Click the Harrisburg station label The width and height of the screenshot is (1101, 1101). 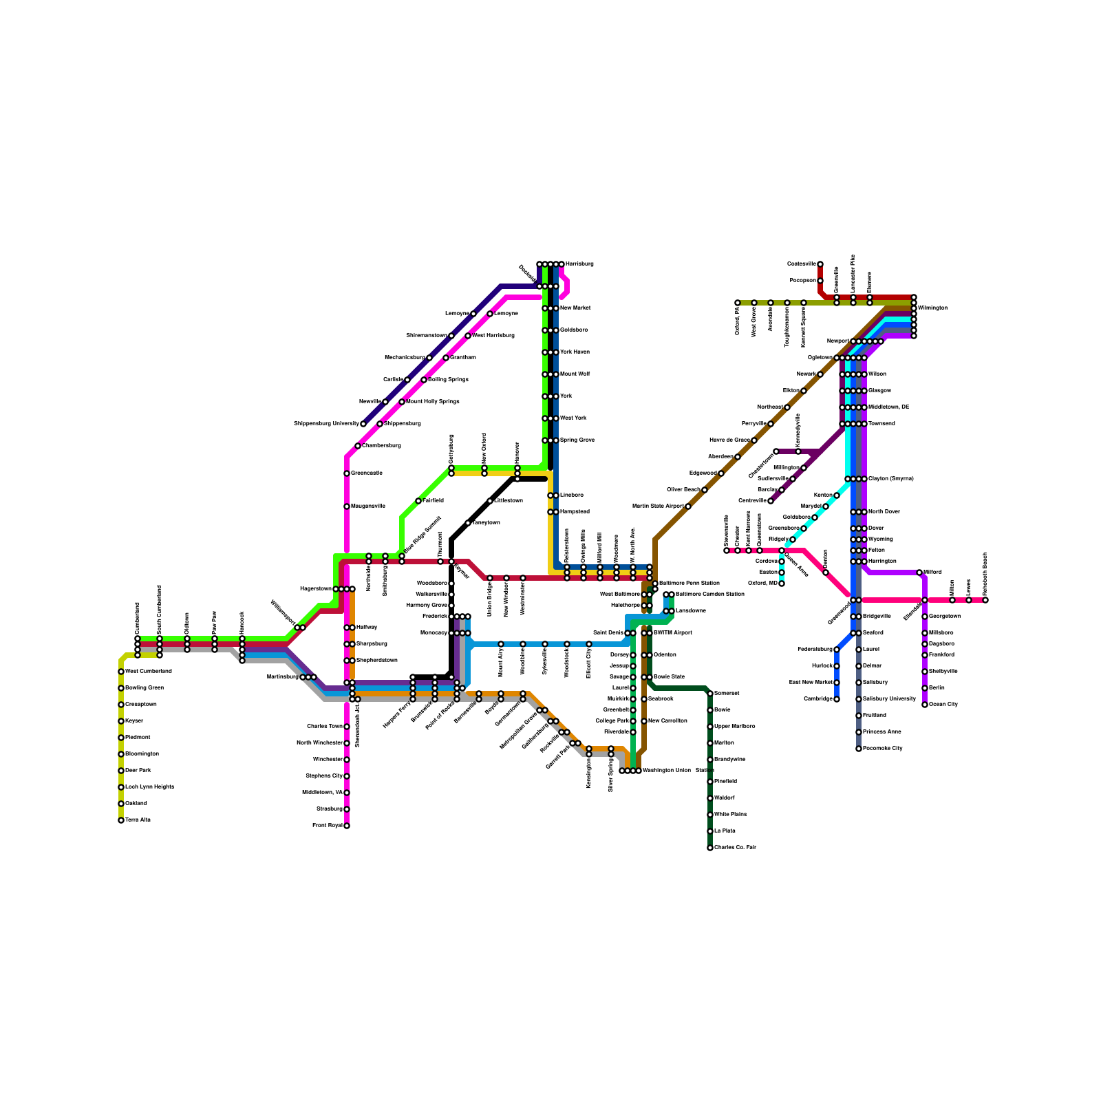pos(579,264)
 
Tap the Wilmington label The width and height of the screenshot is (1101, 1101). pos(932,308)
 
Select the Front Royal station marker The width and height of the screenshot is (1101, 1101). pos(347,826)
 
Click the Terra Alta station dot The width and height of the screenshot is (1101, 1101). pos(121,820)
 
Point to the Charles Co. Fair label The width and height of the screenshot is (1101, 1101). pos(735,848)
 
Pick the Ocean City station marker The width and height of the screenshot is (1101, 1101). pos(925,705)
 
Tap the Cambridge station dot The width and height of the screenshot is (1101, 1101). pos(837,699)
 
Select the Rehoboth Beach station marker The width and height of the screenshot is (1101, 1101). pos(985,600)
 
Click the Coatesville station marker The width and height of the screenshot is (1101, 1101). pos(820,264)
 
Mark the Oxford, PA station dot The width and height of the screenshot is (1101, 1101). pos(738,303)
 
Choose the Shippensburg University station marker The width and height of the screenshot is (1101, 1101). pos(363,424)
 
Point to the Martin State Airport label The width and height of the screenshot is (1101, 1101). pos(658,506)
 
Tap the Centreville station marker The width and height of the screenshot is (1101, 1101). pos(771,501)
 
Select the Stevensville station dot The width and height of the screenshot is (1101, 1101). pos(727,550)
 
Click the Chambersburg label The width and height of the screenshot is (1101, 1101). pos(382,446)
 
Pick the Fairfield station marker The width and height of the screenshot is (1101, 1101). pos(418,501)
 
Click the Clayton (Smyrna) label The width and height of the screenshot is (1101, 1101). pos(891,479)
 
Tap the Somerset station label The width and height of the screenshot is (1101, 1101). pos(727,694)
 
